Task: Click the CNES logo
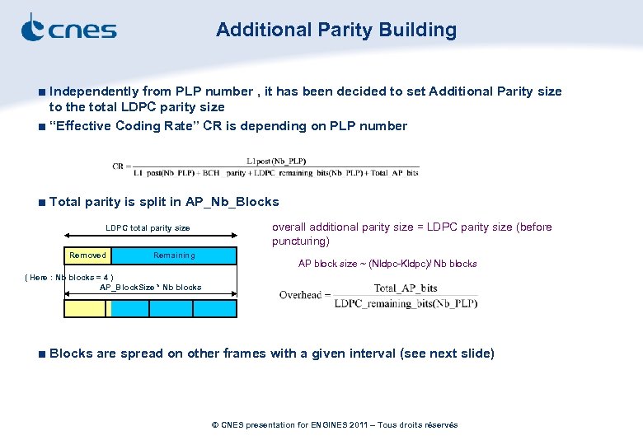click(68, 29)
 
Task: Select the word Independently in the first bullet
click(94, 91)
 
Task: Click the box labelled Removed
click(87, 255)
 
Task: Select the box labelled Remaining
click(174, 255)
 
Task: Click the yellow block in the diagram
click(86, 308)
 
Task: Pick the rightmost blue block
click(214, 308)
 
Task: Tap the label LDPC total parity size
click(148, 228)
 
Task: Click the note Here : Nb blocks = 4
click(70, 278)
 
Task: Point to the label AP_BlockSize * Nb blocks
click(150, 288)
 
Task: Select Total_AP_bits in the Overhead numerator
click(406, 288)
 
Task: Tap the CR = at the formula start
click(122, 166)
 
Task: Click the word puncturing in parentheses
click(300, 241)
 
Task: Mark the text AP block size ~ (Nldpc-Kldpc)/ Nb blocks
click(387, 264)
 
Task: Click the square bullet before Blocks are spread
click(41, 354)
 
